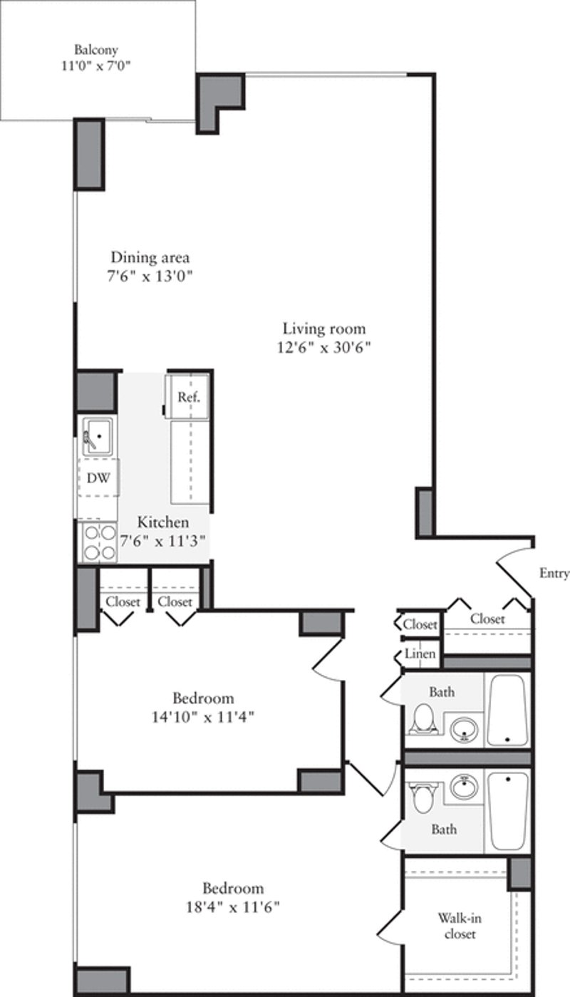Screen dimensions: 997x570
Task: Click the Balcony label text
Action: point(95,50)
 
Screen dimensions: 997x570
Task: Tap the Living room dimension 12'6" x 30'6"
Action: point(324,348)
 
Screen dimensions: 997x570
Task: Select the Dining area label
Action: point(150,257)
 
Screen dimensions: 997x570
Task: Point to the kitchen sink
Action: point(97,435)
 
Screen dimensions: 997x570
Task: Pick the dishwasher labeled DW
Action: point(98,478)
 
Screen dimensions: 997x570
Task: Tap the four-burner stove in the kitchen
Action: point(99,542)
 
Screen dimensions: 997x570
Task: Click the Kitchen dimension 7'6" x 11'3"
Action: point(163,539)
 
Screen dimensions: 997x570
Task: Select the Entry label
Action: point(554,574)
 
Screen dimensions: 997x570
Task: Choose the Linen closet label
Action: point(420,654)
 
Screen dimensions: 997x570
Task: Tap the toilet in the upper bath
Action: point(424,718)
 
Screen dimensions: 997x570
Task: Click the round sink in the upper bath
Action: point(465,728)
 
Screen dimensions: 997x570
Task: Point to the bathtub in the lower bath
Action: point(508,810)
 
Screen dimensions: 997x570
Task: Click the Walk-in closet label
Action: point(457,926)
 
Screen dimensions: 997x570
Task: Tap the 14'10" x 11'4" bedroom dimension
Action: point(203,717)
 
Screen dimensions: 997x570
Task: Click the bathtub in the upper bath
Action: point(507,709)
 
